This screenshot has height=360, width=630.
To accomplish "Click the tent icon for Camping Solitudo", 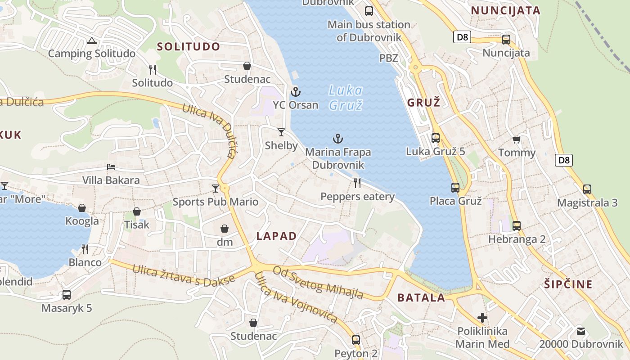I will (x=92, y=41).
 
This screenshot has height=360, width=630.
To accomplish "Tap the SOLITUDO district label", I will (x=189, y=47).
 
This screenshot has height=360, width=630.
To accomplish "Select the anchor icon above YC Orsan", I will (x=295, y=92).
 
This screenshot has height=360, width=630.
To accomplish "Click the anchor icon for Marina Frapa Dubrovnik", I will (x=337, y=139).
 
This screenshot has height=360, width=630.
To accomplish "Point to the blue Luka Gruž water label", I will (x=346, y=98).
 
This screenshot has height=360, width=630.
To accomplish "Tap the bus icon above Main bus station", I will (x=369, y=11).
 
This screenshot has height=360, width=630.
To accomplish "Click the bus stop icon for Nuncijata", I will (x=506, y=40).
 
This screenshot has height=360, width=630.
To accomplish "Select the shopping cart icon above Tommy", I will (x=517, y=139).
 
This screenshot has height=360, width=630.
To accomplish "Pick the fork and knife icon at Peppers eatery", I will (x=357, y=183).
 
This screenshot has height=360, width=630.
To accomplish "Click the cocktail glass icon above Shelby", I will (x=281, y=132).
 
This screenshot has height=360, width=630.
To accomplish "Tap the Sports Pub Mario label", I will (x=216, y=202).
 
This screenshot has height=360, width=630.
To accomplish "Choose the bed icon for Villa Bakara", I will (x=111, y=167).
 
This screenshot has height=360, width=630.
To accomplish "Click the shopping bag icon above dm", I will (x=225, y=229).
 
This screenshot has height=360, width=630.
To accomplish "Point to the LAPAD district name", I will (x=276, y=236).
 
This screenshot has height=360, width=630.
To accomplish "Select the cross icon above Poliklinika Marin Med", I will (x=482, y=318).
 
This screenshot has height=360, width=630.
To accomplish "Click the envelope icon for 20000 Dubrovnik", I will (x=581, y=331).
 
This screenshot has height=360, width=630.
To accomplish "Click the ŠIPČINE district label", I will (x=568, y=284).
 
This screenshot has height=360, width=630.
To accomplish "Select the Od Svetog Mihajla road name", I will (x=318, y=282).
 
